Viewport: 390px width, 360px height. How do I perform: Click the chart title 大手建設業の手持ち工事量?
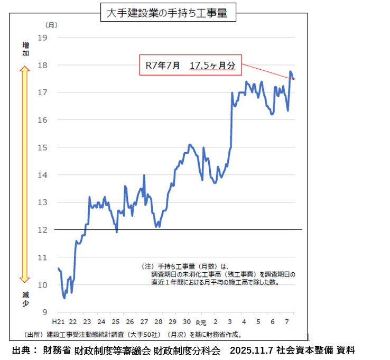pyautogui.click(x=167, y=14)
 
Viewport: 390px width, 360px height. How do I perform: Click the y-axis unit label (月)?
pyautogui.click(x=51, y=25)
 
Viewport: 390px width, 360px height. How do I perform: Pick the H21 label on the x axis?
pyautogui.click(x=58, y=322)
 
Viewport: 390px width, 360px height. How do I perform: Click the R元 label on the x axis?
pyautogui.click(x=201, y=322)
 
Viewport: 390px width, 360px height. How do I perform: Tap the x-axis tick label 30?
pyautogui.click(x=187, y=322)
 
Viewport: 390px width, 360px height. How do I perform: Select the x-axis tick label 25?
pyautogui.click(x=115, y=322)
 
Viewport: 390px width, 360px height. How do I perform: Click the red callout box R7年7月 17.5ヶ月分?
pyautogui.click(x=190, y=65)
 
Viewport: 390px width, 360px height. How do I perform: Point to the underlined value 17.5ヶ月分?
pyautogui.click(x=212, y=66)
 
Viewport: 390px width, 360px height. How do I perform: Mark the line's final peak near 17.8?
pyautogui.click(x=291, y=71)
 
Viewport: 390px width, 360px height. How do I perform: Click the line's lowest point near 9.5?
pyautogui.click(x=64, y=298)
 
